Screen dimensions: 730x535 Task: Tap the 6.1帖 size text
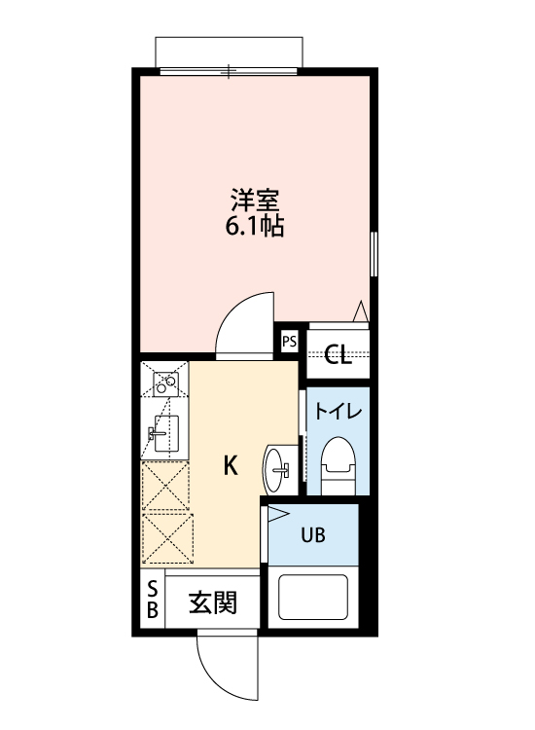click(256, 230)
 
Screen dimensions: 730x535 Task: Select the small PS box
click(289, 341)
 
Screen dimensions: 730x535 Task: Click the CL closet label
click(338, 354)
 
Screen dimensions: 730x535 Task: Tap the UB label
click(312, 534)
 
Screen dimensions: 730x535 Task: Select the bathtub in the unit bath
click(315, 596)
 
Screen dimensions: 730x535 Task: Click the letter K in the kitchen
click(231, 465)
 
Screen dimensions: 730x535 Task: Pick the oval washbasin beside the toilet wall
click(279, 470)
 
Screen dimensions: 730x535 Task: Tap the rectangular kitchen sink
click(165, 430)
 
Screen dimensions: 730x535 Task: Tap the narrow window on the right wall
click(374, 255)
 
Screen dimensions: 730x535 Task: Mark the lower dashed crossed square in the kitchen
click(165, 538)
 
